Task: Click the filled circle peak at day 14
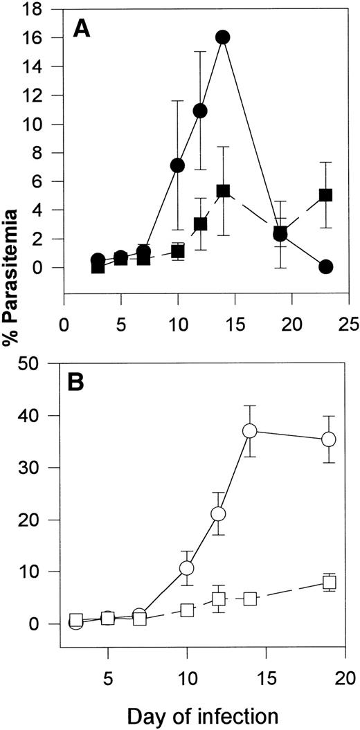pos(223,37)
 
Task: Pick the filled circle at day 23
pos(326,266)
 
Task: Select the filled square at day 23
pos(326,195)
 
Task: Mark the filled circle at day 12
pos(200,111)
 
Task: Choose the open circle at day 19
pos(329,439)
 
